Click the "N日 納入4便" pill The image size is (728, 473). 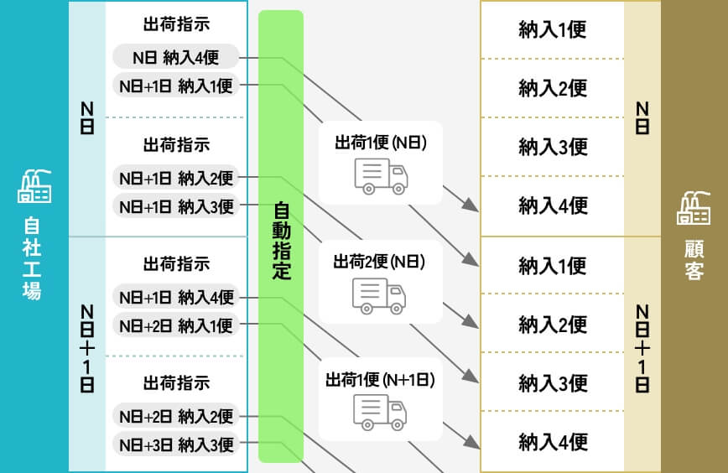[x=176, y=58]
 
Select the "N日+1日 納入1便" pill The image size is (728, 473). [x=176, y=85]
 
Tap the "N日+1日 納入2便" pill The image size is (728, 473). [x=176, y=178]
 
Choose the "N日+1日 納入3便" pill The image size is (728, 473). [x=176, y=205]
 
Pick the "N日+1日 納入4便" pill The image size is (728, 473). [x=176, y=297]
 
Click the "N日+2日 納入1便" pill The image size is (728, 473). [x=176, y=325]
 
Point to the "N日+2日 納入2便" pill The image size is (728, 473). [x=176, y=417]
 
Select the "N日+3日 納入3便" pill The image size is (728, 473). [x=176, y=444]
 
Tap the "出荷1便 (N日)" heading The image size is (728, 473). [x=381, y=143]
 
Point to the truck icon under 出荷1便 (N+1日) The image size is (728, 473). [x=380, y=412]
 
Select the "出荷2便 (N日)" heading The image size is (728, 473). [x=379, y=262]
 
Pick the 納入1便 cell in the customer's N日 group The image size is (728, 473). [x=553, y=30]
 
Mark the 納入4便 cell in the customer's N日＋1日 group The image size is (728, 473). [x=553, y=442]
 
